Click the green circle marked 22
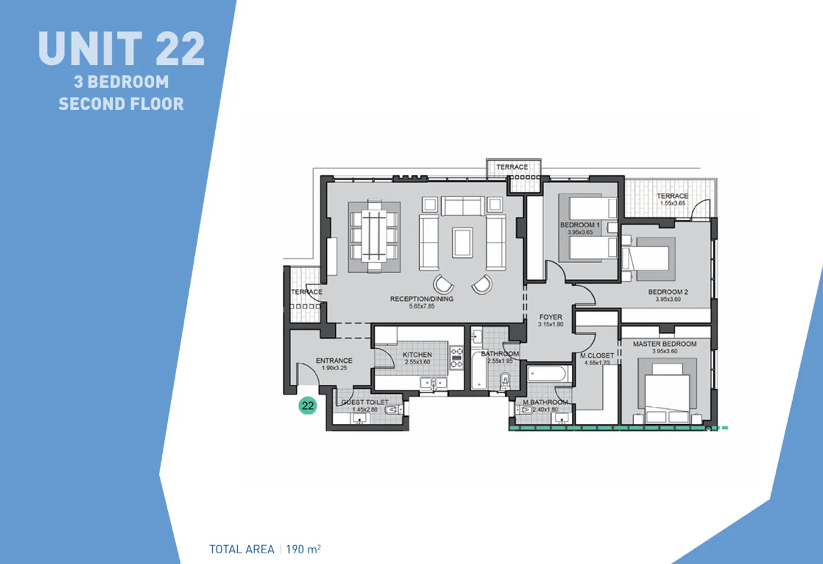(307, 406)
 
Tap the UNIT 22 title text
(121, 49)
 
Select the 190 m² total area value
(305, 549)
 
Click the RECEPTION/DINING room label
(422, 299)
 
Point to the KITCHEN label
(417, 355)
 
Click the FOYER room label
(550, 317)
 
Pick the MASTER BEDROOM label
(665, 344)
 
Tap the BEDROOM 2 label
(668, 292)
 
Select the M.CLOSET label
(597, 356)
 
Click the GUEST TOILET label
(365, 402)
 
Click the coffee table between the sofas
(462, 242)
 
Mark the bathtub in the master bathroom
(549, 375)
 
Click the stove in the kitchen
(456, 357)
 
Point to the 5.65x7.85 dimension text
(422, 307)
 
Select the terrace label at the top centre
(512, 167)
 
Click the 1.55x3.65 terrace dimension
(672, 204)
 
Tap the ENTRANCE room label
(334, 361)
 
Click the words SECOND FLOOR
(121, 103)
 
